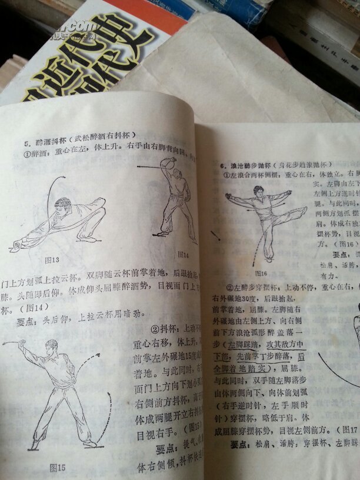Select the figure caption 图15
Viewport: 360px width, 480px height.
point(57,468)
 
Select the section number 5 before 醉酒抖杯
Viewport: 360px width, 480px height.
point(26,143)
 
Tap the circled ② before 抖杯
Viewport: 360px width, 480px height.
point(155,329)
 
